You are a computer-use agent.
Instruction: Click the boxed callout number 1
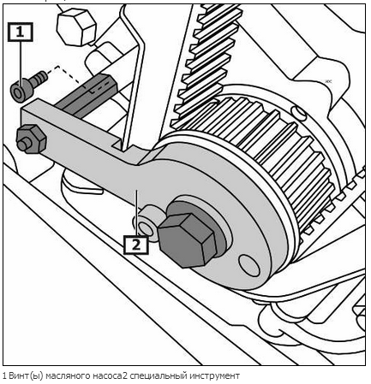pos(20,32)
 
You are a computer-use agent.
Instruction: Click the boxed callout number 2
pos(136,245)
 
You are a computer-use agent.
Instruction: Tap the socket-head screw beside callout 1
pos(28,86)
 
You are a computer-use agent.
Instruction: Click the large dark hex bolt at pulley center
pos(187,240)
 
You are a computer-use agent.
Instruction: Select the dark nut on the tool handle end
pos(32,139)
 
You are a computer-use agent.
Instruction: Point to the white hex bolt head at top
pos(76,27)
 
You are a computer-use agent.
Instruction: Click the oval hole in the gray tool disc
pos(249,265)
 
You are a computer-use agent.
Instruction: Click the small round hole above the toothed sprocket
pos(298,113)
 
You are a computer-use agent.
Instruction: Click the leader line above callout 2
pos(137,213)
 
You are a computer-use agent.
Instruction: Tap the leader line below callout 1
pos(21,64)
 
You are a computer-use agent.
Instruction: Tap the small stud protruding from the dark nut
pos(24,145)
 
